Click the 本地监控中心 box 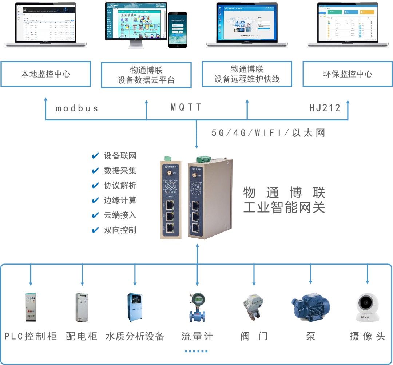click(45, 74)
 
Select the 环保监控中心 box click(348, 74)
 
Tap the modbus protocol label click(77, 108)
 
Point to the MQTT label click(186, 107)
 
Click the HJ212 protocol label click(325, 108)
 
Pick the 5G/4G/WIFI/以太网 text click(268, 133)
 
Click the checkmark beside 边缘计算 click(96, 201)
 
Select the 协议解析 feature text click(120, 186)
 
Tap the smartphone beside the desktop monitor click(178, 29)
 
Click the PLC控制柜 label click(31, 336)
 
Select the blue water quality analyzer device click(135, 307)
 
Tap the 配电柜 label click(82, 336)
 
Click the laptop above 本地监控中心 click(45, 24)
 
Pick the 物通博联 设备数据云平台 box click(146, 75)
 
